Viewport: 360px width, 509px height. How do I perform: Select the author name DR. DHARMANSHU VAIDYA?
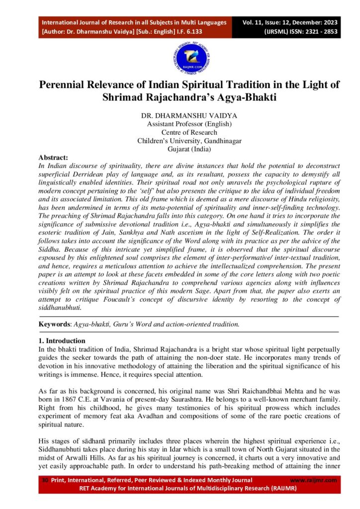180,115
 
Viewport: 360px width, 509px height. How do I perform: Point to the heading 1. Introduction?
62,341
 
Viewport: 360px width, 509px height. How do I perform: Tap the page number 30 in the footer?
44,480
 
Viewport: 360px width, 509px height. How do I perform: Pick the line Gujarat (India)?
189,149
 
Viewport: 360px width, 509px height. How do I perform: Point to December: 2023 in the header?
320,23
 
